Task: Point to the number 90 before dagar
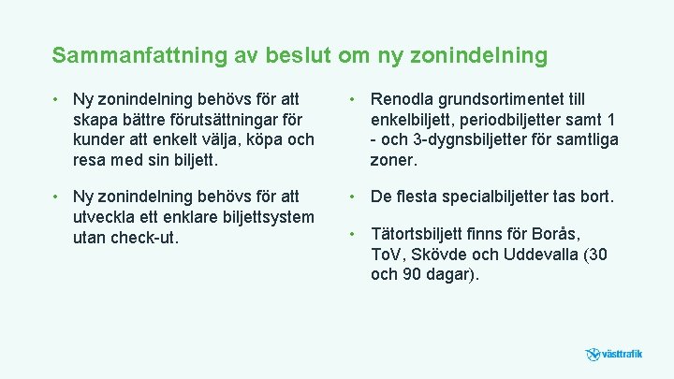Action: pos(411,274)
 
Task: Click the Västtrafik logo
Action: pos(614,355)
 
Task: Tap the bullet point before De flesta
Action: pos(351,196)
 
